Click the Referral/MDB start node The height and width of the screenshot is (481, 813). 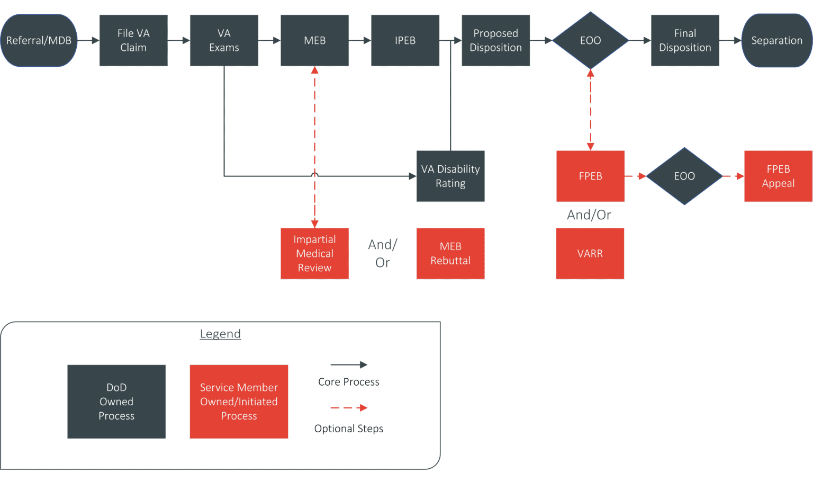(x=39, y=40)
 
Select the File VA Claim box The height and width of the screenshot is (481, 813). (x=133, y=40)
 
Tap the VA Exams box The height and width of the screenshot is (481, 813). (x=224, y=40)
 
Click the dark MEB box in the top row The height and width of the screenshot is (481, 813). (x=314, y=40)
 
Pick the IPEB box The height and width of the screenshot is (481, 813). (x=405, y=40)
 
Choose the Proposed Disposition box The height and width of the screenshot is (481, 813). (x=495, y=40)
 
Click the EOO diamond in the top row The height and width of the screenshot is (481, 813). (x=590, y=40)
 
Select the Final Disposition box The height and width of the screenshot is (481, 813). (x=685, y=40)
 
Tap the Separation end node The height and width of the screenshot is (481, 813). (x=776, y=40)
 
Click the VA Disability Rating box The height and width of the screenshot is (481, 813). (x=450, y=176)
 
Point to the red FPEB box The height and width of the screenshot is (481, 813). (x=590, y=176)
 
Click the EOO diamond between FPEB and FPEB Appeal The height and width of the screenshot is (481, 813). (x=684, y=176)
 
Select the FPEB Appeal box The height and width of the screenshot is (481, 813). (x=778, y=176)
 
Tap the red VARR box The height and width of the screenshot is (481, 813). (x=590, y=253)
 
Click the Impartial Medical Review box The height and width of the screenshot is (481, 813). (x=314, y=253)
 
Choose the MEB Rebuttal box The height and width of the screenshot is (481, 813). (x=450, y=253)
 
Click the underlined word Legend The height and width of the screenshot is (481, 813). (x=220, y=334)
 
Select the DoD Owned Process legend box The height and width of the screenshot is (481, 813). (x=116, y=402)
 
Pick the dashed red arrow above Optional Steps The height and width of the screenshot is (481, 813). (x=349, y=408)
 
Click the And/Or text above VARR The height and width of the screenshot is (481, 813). (x=589, y=215)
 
